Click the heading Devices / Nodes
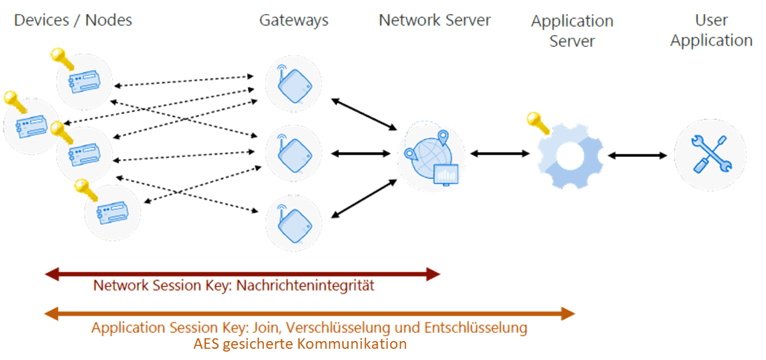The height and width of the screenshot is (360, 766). pyautogui.click(x=73, y=20)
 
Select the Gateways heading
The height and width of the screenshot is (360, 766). pyautogui.click(x=293, y=20)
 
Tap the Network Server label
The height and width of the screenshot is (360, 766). pyautogui.click(x=435, y=20)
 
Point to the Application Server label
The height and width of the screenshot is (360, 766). pyautogui.click(x=572, y=32)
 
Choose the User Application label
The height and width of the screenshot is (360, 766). pyautogui.click(x=711, y=31)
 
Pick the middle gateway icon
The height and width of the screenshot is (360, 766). pyautogui.click(x=293, y=153)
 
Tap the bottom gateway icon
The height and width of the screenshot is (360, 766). pyautogui.click(x=293, y=222)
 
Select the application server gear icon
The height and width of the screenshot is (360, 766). pyautogui.click(x=570, y=155)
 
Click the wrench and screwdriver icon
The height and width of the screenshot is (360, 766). pyautogui.click(x=710, y=153)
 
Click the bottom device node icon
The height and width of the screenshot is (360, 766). pyautogui.click(x=112, y=212)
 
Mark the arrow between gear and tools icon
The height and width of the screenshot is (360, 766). pyautogui.click(x=637, y=155)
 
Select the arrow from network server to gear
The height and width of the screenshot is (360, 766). pyautogui.click(x=499, y=153)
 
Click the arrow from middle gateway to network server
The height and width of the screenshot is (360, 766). pyautogui.click(x=359, y=153)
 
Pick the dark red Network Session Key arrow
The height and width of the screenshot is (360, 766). pyautogui.click(x=242, y=274)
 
